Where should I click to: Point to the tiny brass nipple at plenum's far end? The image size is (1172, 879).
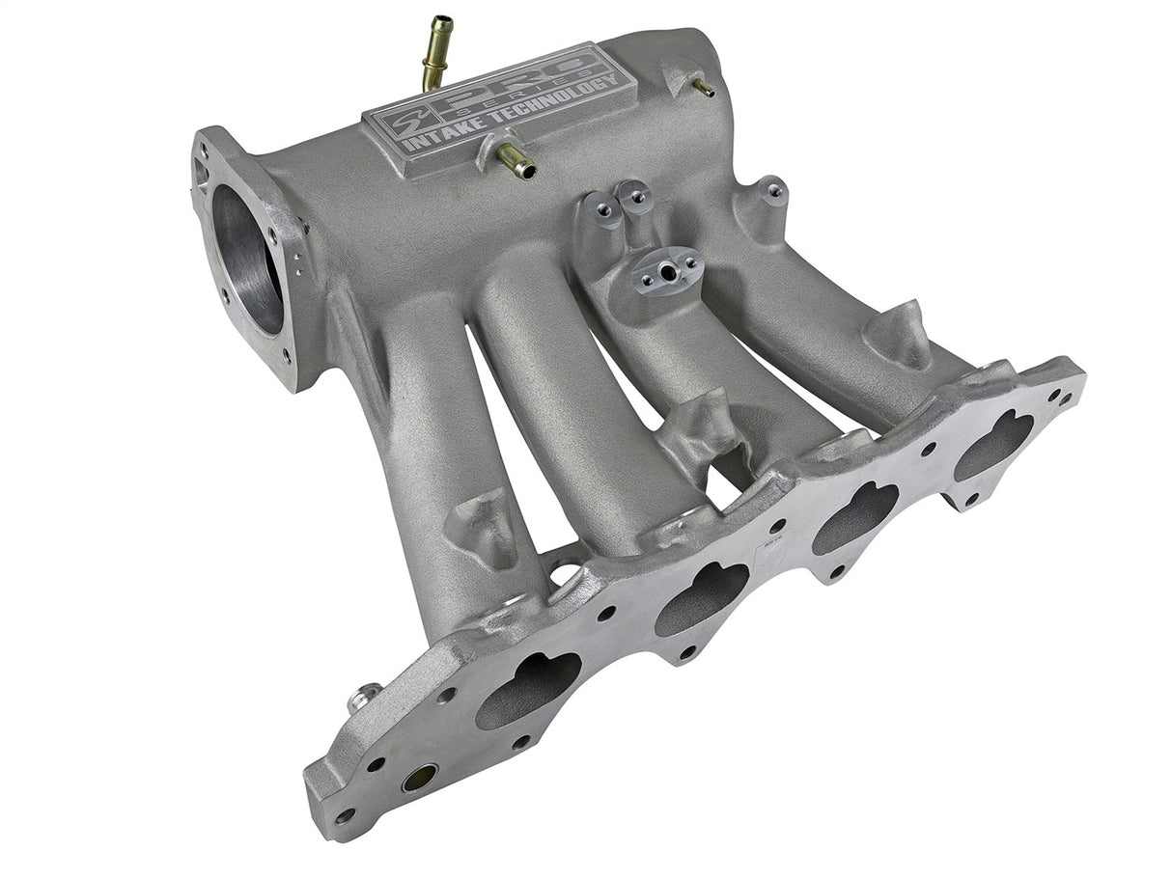tap(704, 88)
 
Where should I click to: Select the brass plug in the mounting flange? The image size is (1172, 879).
tap(419, 776)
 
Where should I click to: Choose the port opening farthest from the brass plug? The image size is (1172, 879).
tap(993, 443)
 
